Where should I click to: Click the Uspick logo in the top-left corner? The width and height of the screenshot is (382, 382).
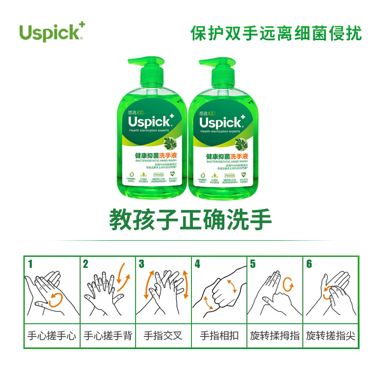(x=52, y=32)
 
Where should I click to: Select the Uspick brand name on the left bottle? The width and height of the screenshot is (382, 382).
(x=150, y=121)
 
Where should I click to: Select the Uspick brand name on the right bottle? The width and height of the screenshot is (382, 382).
(x=222, y=121)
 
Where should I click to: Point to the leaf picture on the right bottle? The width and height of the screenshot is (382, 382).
(x=243, y=144)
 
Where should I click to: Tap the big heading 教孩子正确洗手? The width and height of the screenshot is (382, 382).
(x=191, y=220)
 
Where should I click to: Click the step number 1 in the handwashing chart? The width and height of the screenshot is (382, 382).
(x=31, y=264)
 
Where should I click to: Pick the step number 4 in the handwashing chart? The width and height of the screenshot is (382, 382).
(x=198, y=264)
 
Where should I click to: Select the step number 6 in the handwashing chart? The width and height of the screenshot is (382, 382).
(x=309, y=264)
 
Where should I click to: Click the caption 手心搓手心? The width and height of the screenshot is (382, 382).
(x=52, y=336)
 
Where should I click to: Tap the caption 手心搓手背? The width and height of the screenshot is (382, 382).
(x=107, y=336)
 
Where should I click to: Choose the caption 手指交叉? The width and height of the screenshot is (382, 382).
(x=163, y=336)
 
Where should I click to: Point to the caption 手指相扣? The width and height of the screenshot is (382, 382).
(x=218, y=336)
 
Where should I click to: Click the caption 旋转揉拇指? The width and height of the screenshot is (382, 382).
(x=275, y=336)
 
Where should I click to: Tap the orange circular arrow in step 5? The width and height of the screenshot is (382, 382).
(x=288, y=285)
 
